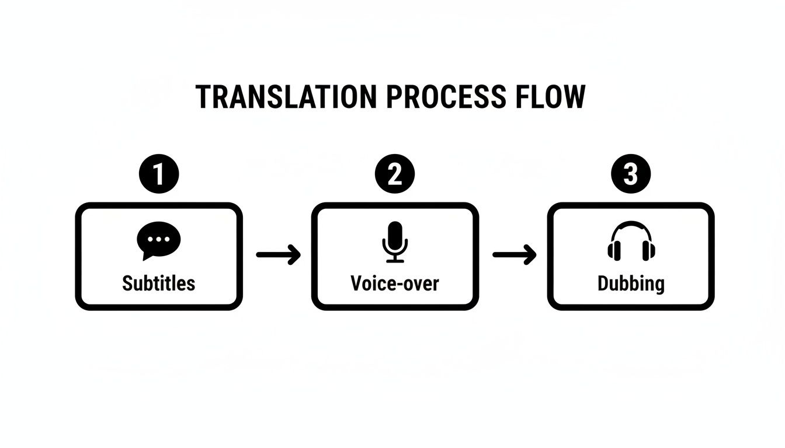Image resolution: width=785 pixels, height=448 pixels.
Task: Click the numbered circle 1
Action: [x=159, y=174]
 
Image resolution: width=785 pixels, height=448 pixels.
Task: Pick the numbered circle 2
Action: [x=395, y=174]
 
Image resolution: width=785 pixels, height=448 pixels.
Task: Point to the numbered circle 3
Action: [x=631, y=174]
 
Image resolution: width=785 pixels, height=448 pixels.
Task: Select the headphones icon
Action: [x=631, y=242]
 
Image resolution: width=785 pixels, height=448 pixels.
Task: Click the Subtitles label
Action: [x=158, y=283]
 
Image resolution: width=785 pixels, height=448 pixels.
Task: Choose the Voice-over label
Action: [x=395, y=283]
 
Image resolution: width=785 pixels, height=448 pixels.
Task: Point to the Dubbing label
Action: [x=631, y=283]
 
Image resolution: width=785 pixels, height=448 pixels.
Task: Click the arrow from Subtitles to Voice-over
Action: [x=278, y=254]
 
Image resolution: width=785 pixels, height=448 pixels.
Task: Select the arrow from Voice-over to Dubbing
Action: [x=514, y=254]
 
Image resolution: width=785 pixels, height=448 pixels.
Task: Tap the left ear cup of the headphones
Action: [x=614, y=251]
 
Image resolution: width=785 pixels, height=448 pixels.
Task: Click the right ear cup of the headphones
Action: [x=648, y=251]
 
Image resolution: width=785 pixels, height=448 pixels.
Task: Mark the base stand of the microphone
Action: [x=395, y=261]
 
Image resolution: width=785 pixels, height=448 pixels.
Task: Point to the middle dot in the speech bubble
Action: [x=158, y=238]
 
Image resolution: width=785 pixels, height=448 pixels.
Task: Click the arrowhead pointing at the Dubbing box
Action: [x=530, y=254]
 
